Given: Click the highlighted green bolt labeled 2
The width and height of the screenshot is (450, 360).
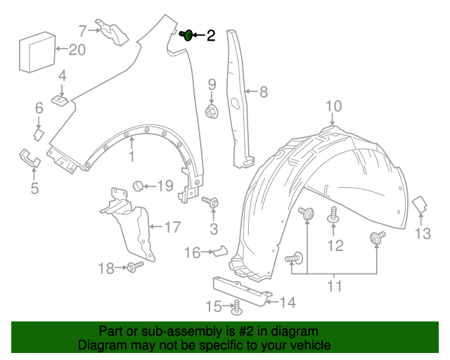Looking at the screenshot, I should pos(188,35).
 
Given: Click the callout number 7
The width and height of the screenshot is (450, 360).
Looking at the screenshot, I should pos(82,30).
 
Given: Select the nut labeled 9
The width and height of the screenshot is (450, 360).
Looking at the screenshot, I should pos(211,112).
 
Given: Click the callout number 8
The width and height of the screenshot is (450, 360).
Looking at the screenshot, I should pos(264,91).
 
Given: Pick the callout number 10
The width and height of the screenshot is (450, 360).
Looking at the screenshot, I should pos(333,106).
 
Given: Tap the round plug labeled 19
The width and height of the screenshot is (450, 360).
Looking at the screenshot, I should pos(139,186).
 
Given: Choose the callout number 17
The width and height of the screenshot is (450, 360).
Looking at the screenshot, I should pos(172,227).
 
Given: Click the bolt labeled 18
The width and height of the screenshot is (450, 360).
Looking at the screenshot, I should pos(134,266).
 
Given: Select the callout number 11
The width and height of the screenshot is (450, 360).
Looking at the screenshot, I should pos(334,286).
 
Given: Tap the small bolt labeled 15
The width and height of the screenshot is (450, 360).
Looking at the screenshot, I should pos(236,306).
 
